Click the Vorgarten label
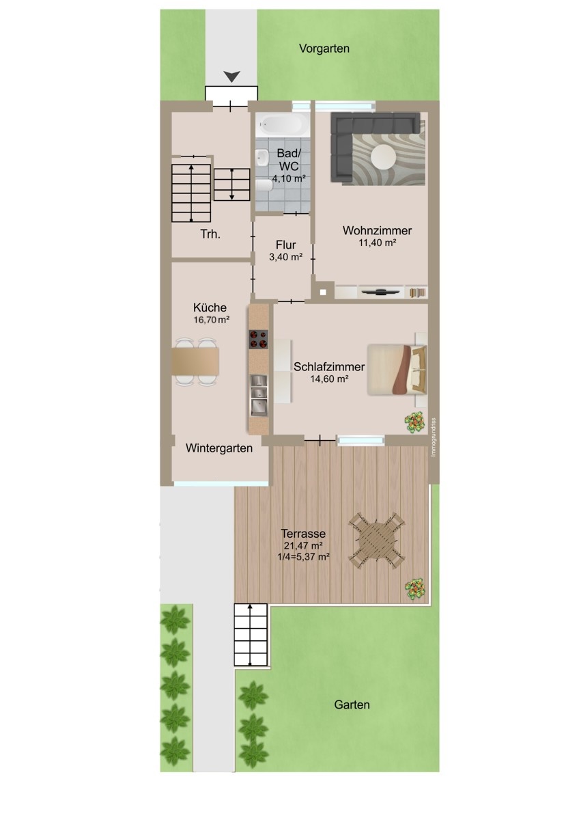324,49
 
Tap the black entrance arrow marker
232,77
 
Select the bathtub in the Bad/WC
283,124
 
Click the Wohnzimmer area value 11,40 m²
378,243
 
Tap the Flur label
285,245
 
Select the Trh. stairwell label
210,234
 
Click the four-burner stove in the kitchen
259,339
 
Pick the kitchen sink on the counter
259,396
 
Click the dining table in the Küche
195,361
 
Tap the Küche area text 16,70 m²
212,320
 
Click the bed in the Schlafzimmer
397,370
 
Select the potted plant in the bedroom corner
415,422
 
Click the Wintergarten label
218,448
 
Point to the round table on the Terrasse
377,540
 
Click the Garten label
352,705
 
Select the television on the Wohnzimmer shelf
380,291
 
